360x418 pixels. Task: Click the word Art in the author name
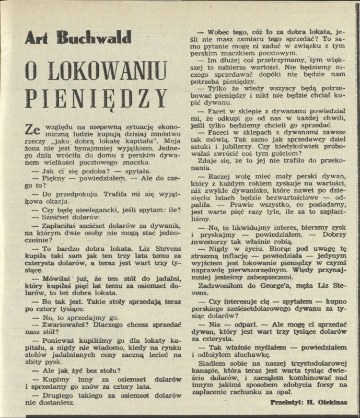(39, 38)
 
